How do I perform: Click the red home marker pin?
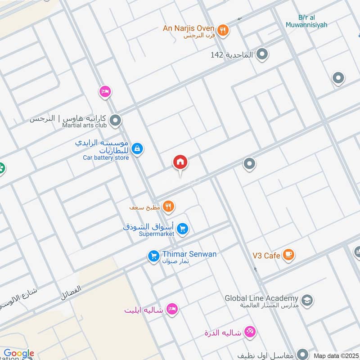(180, 162)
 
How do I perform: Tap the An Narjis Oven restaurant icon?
(223, 31)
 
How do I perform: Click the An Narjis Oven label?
(189, 28)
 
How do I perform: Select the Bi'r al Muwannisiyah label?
(306, 21)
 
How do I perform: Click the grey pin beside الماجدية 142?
(262, 55)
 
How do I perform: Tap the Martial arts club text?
(85, 125)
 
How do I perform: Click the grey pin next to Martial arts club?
(116, 120)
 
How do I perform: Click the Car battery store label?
(106, 157)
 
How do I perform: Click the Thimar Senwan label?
(189, 254)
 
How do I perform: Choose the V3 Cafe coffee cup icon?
(288, 255)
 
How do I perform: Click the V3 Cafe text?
(266, 256)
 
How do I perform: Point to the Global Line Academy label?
(261, 298)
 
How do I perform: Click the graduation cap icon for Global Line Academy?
(307, 300)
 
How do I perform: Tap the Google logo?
(19, 354)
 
